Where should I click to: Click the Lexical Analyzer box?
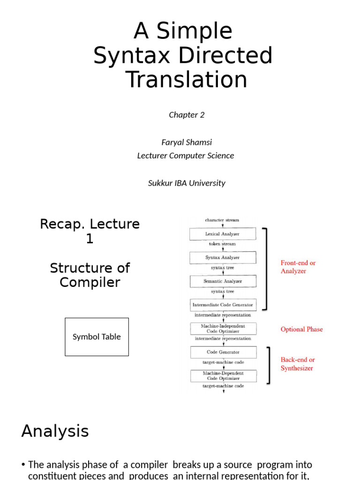click(222, 233)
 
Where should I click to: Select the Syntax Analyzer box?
click(222, 257)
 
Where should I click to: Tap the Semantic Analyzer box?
click(222, 281)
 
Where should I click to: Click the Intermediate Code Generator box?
click(223, 305)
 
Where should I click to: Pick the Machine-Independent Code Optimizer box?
click(223, 328)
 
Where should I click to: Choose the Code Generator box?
click(223, 352)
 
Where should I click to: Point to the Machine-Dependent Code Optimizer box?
click(223, 375)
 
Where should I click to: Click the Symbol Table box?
click(97, 337)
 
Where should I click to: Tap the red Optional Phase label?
click(301, 329)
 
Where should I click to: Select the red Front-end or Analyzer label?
click(298, 267)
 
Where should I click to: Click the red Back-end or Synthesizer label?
click(298, 364)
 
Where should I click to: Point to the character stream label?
click(222, 220)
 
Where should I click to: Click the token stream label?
click(222, 244)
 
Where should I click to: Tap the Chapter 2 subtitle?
click(187, 115)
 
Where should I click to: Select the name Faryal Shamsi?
click(186, 142)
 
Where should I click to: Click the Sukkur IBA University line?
click(187, 183)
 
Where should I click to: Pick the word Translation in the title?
click(187, 79)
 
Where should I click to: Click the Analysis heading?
click(55, 431)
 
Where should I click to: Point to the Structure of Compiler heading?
click(90, 275)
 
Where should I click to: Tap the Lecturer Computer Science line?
click(186, 156)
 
